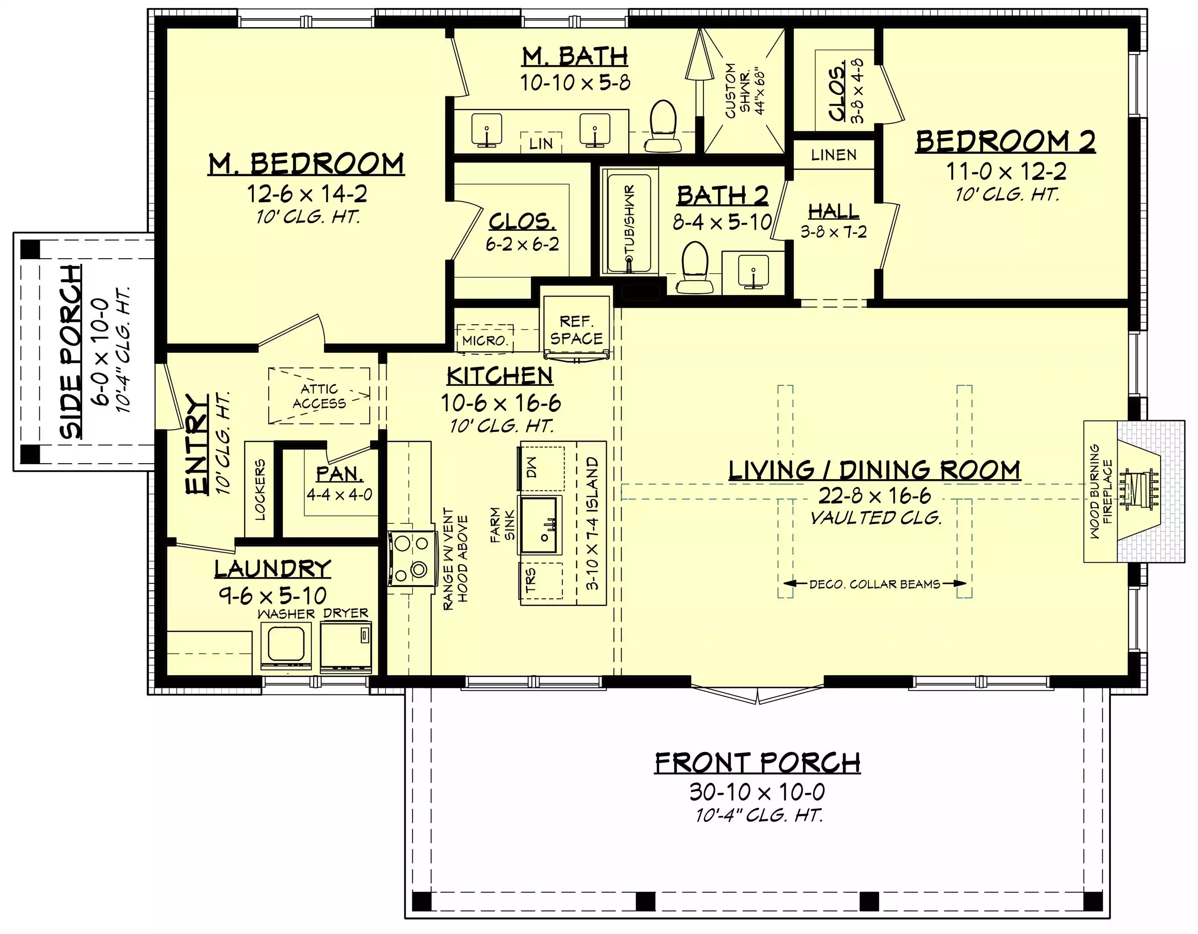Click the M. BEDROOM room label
coord(306,164)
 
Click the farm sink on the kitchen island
coord(540,525)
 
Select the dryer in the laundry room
coord(345,647)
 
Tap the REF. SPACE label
coord(576,330)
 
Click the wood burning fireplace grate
coord(1139,489)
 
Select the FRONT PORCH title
coord(758,763)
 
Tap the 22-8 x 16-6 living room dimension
coord(875,496)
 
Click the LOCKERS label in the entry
coord(260,489)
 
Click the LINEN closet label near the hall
coord(834,155)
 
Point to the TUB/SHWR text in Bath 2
coord(630,225)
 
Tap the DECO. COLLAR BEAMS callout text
coord(875,585)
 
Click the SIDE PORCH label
coord(71,353)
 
